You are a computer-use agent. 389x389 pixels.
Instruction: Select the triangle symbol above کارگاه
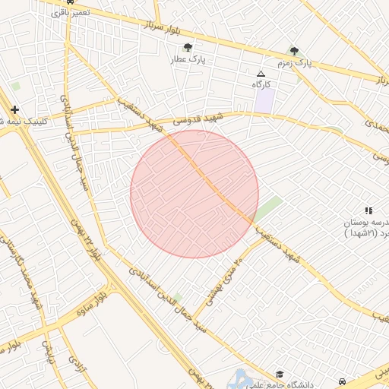click(261, 74)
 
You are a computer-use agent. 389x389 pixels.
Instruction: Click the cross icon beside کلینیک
click(14, 109)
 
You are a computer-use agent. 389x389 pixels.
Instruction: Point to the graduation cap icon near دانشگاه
click(280, 375)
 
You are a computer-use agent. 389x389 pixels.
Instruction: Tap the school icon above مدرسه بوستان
click(368, 210)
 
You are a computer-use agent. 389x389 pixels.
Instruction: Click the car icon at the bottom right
click(343, 381)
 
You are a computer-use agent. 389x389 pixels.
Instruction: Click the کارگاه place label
click(262, 84)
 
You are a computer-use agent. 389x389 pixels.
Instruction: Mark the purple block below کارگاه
click(264, 100)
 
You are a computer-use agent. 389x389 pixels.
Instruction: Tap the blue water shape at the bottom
click(242, 378)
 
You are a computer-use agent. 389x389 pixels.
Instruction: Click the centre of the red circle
click(194, 194)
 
